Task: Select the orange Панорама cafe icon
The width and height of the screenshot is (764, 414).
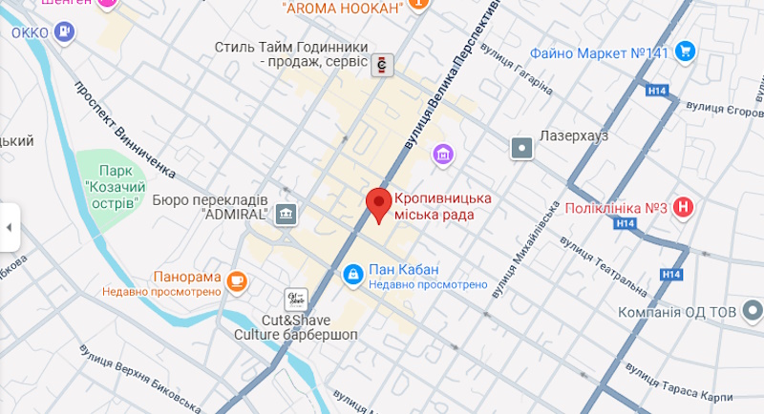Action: coord(237,279)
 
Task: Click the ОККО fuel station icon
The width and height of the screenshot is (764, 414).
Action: coord(64,32)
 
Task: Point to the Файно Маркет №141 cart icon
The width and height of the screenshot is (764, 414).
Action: coord(684,53)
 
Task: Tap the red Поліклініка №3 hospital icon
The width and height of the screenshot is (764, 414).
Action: coord(684,207)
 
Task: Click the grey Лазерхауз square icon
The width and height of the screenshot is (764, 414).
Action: coord(522,148)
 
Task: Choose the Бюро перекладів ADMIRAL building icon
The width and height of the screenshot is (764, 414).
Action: coord(286,215)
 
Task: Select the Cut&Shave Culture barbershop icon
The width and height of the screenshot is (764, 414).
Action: coord(295,300)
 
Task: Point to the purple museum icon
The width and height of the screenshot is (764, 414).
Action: coord(442,153)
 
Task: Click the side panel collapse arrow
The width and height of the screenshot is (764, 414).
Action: coord(9,227)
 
